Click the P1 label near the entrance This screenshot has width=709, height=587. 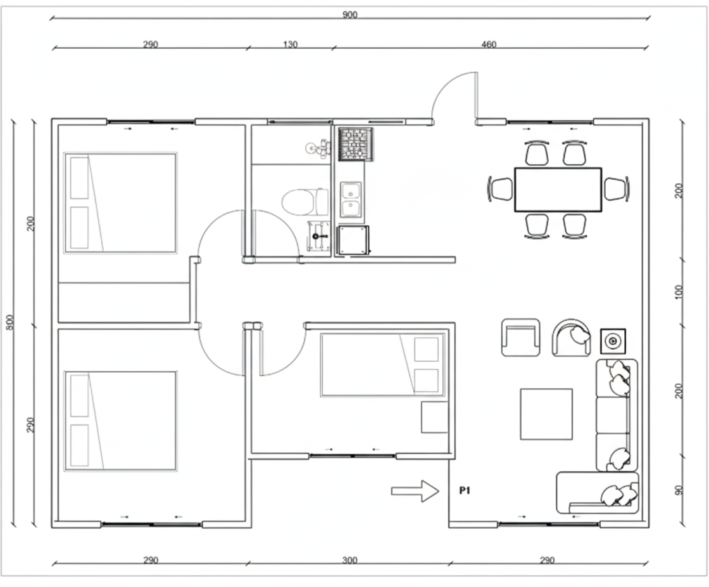click(465, 490)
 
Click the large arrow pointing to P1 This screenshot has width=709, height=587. click(415, 491)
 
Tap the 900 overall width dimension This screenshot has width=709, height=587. click(349, 15)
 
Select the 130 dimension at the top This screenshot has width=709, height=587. click(291, 44)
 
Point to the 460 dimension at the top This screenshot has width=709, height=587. click(489, 44)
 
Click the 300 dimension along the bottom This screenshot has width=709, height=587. click(349, 560)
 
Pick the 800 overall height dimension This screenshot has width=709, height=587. click(10, 322)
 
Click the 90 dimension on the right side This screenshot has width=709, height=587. click(679, 490)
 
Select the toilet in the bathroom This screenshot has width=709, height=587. click(305, 202)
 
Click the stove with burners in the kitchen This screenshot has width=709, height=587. click(356, 144)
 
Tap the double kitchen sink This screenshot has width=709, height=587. click(351, 199)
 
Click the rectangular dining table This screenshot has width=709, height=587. click(558, 189)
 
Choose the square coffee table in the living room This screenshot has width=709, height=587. click(546, 414)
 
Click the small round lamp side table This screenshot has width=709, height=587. click(613, 341)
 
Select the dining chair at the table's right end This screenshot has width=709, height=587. click(617, 188)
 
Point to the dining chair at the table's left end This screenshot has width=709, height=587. click(501, 188)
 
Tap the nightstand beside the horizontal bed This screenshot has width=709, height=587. click(434, 417)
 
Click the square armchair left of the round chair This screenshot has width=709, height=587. click(520, 338)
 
